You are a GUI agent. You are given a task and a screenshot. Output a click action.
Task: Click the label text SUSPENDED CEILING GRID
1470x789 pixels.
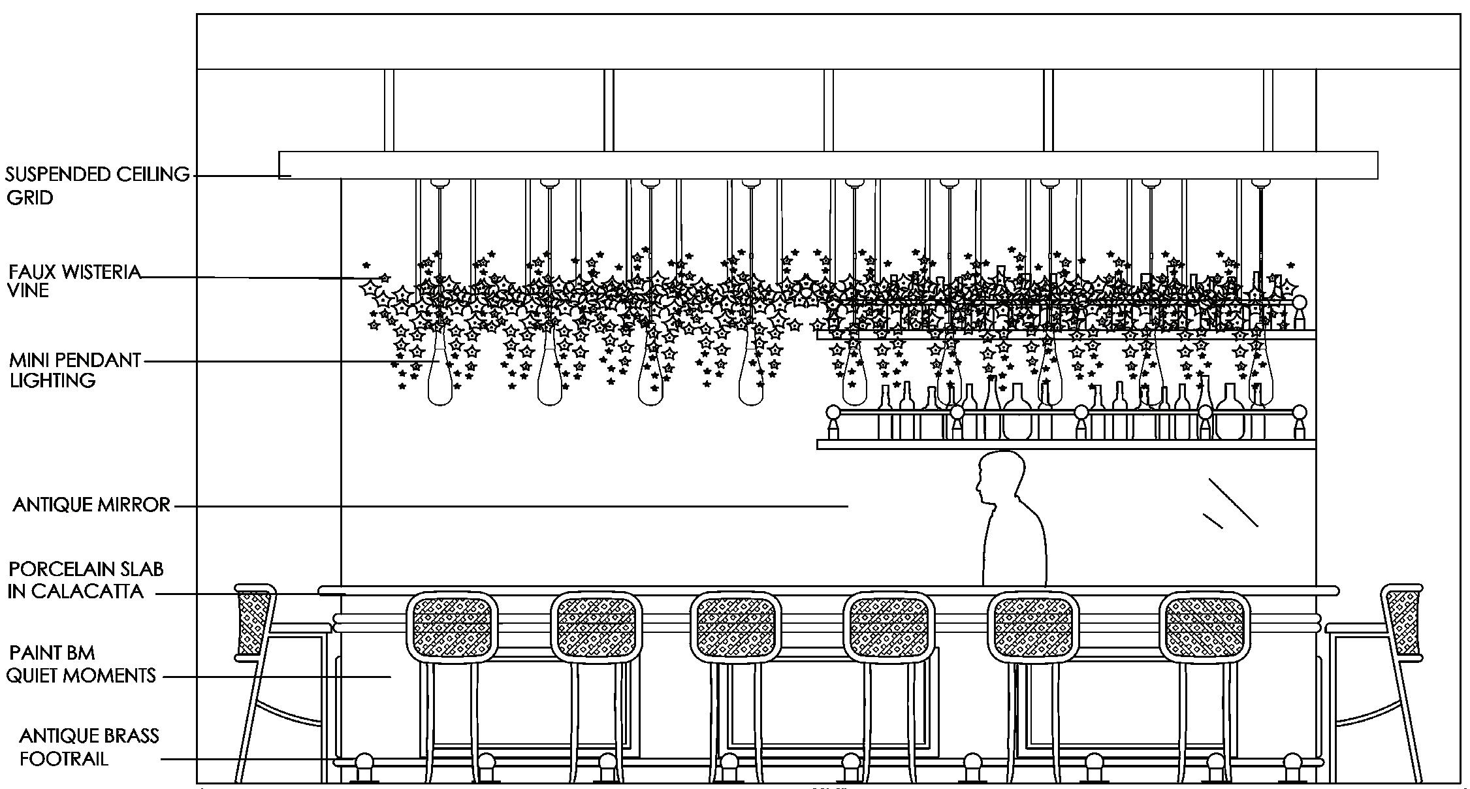97,185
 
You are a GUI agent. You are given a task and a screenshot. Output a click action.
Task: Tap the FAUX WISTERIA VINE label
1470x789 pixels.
74,281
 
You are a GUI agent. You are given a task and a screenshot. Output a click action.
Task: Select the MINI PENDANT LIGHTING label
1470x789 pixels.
74,370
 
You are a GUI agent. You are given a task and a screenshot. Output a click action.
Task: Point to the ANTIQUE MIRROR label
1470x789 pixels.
91,505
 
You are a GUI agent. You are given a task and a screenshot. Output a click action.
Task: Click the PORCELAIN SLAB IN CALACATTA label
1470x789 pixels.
85,580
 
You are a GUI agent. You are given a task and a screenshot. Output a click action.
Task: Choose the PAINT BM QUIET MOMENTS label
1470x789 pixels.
81,664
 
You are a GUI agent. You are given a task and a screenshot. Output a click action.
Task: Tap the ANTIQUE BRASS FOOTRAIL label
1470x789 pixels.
89,747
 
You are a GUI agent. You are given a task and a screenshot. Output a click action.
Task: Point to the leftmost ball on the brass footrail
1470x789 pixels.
364,763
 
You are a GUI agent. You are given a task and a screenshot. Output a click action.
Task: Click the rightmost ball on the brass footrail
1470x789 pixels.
1292,763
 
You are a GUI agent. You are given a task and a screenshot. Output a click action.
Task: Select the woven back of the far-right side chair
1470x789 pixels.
1403,622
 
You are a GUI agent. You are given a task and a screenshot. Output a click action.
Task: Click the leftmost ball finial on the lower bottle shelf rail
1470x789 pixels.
833,413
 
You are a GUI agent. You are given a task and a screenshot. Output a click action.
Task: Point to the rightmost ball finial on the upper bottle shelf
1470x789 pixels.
1299,302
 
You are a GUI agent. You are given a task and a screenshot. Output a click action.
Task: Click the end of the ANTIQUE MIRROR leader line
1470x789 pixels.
848,506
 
